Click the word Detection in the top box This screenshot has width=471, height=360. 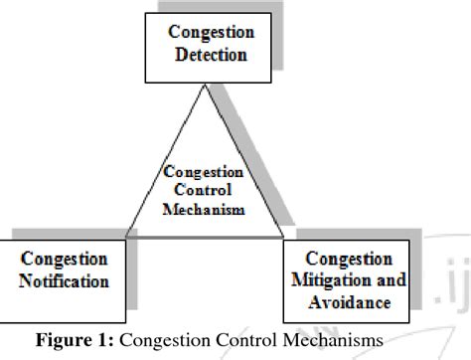click(211, 55)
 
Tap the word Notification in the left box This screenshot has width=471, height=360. click(64, 281)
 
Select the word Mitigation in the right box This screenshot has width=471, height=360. click(331, 279)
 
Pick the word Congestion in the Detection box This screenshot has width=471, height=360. click(211, 33)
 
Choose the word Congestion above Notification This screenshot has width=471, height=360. click(64, 260)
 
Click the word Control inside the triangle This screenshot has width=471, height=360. click(205, 191)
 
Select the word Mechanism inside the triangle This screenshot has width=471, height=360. click(205, 210)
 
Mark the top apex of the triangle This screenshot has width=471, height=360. click(206, 86)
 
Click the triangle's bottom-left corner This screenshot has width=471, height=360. click(126, 237)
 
